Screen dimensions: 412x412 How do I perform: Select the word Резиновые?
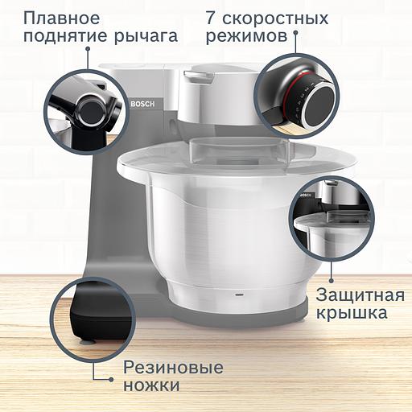tap(173, 368)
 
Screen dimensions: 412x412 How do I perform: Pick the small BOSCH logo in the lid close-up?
tap(306, 196)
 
